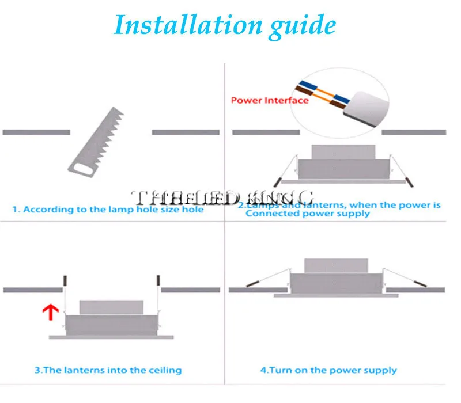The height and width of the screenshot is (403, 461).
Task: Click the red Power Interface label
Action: pyautogui.click(x=270, y=100)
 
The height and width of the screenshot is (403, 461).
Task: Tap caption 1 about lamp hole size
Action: pyautogui.click(x=113, y=210)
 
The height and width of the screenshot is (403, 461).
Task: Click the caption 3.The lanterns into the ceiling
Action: pyautogui.click(x=108, y=370)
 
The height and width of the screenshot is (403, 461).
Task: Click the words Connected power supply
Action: pyautogui.click(x=308, y=214)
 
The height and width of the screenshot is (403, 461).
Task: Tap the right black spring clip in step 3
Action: pyautogui.click(x=157, y=281)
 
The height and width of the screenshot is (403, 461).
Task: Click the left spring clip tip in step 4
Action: pyautogui.click(x=253, y=283)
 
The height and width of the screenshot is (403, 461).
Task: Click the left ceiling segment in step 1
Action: pyautogui.click(x=36, y=132)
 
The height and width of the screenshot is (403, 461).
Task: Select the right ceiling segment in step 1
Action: pyautogui.click(x=186, y=132)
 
